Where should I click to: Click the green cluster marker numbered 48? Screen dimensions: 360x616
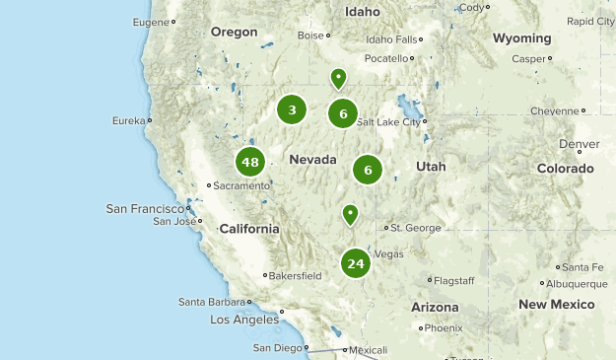click(x=249, y=163)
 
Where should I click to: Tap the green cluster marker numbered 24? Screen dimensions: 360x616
click(x=356, y=263)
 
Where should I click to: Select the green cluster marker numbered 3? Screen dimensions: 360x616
click(x=292, y=109)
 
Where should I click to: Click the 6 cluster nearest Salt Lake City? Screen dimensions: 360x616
click(x=343, y=113)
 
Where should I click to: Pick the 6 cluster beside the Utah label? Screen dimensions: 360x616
click(x=368, y=170)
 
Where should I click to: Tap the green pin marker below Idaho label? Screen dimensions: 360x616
click(x=338, y=77)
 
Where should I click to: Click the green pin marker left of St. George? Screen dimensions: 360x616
click(x=350, y=213)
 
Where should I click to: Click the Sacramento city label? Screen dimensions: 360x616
click(x=241, y=185)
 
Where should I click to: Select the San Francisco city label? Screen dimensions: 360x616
click(x=145, y=208)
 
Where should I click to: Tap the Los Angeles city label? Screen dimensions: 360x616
click(x=244, y=321)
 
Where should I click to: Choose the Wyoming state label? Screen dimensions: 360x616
click(x=521, y=38)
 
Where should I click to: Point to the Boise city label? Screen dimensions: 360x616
click(x=310, y=35)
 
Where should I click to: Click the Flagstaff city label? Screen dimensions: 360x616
click(x=454, y=281)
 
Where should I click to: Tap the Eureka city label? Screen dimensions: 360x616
click(x=128, y=120)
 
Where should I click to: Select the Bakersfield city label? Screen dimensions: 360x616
click(x=298, y=276)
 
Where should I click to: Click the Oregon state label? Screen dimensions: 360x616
click(x=234, y=32)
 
